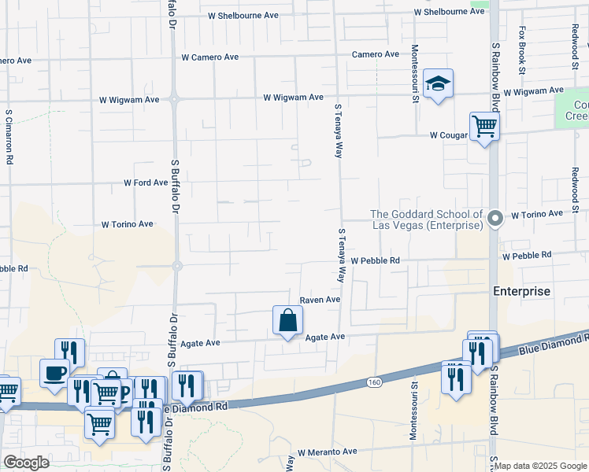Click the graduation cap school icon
[x=439, y=83]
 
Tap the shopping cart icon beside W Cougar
[x=484, y=126]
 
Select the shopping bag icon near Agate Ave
[x=288, y=320]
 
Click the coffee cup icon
[x=54, y=373]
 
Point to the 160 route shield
[x=374, y=382]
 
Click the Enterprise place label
[x=521, y=291]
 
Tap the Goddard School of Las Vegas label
[x=426, y=219]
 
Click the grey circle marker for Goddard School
[x=495, y=218]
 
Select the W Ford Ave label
[x=146, y=183]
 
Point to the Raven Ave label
[x=320, y=300]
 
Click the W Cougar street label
[x=450, y=135]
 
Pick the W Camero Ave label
[x=209, y=57]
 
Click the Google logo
[x=25, y=463]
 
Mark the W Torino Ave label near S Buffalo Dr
[x=128, y=224]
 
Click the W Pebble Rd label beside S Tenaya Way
[x=376, y=260]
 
